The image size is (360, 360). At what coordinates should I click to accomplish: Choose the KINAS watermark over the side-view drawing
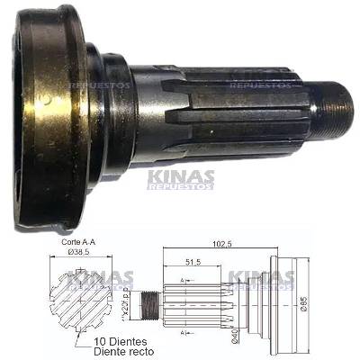(256, 282)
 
